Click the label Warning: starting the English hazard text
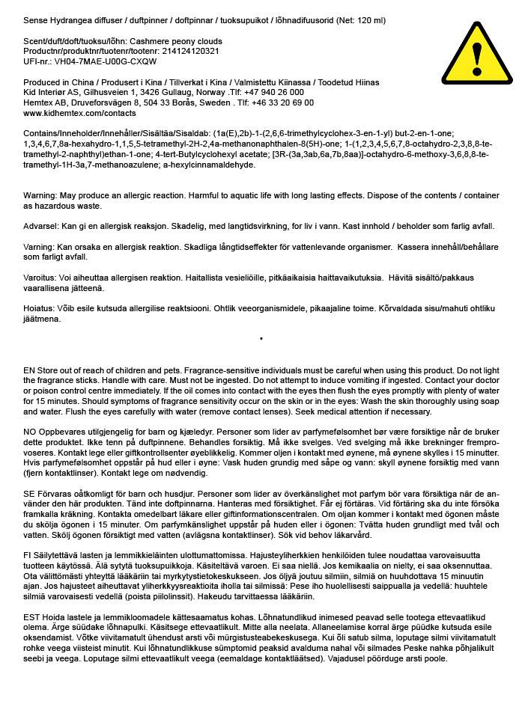40,195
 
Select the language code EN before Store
29,371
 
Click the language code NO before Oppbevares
30,432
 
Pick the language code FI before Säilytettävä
28,557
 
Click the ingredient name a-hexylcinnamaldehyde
200,165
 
